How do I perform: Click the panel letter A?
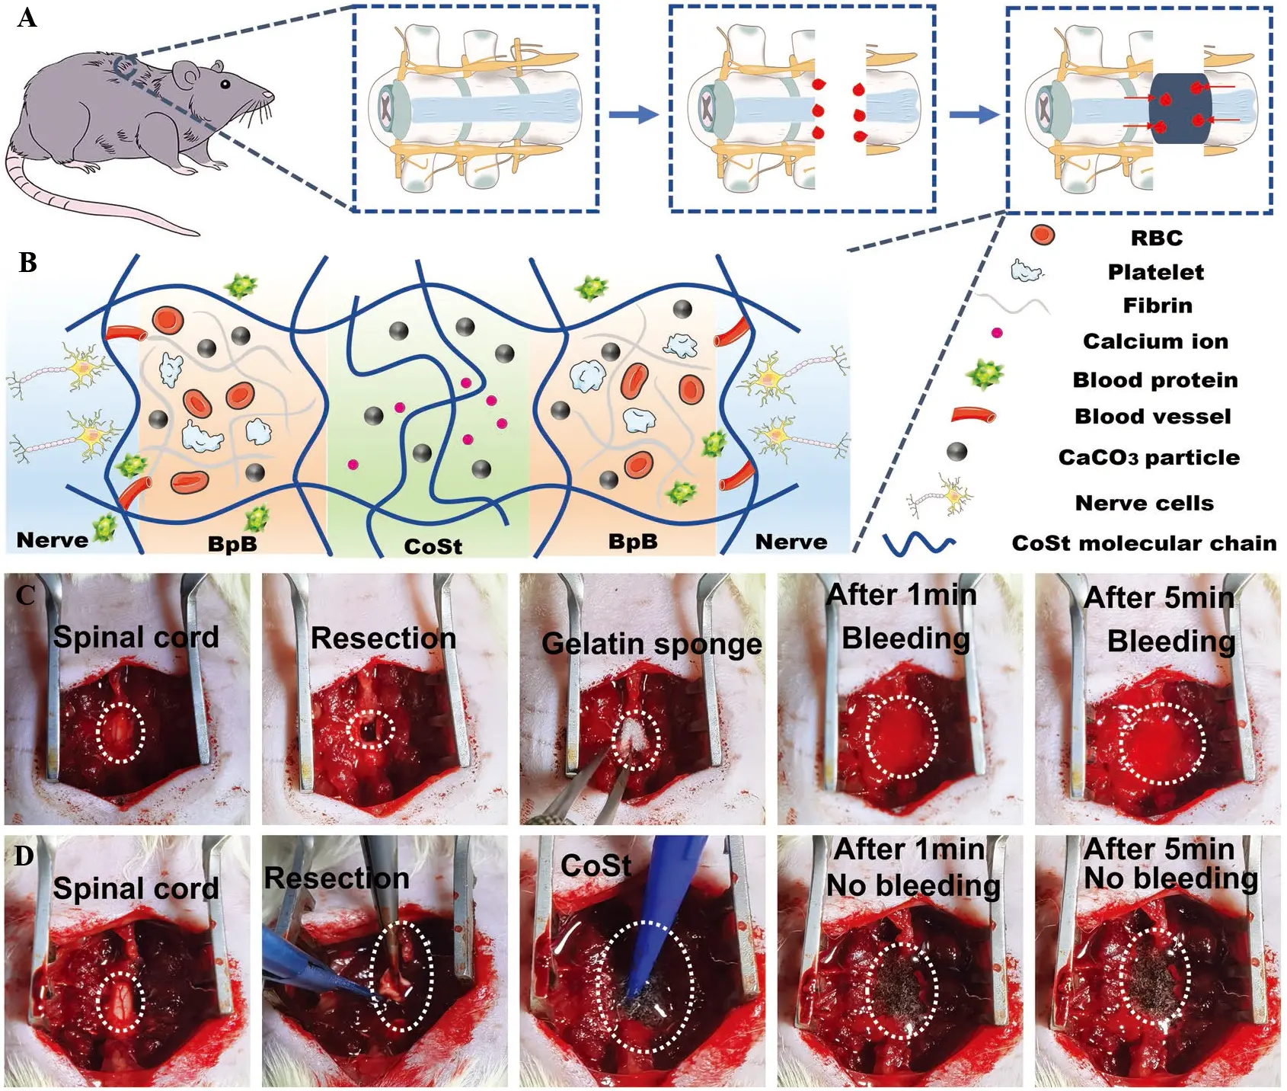click(x=27, y=17)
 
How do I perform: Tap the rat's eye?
click(x=225, y=84)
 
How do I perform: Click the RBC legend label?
click(x=1156, y=238)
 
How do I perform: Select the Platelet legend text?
click(x=1155, y=272)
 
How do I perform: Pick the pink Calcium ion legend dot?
click(x=996, y=333)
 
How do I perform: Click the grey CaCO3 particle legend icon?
click(x=957, y=452)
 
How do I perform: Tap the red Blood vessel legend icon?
click(x=973, y=415)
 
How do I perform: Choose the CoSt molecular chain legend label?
click(x=1144, y=543)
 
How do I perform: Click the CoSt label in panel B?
click(x=433, y=546)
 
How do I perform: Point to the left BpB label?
click(x=232, y=543)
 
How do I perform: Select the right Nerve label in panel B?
click(x=790, y=542)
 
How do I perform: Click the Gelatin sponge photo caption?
click(x=651, y=644)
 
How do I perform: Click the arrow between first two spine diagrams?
click(x=633, y=114)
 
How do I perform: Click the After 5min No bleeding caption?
click(x=1170, y=864)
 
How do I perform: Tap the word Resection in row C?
click(x=383, y=638)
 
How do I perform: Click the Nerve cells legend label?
click(x=1144, y=503)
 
